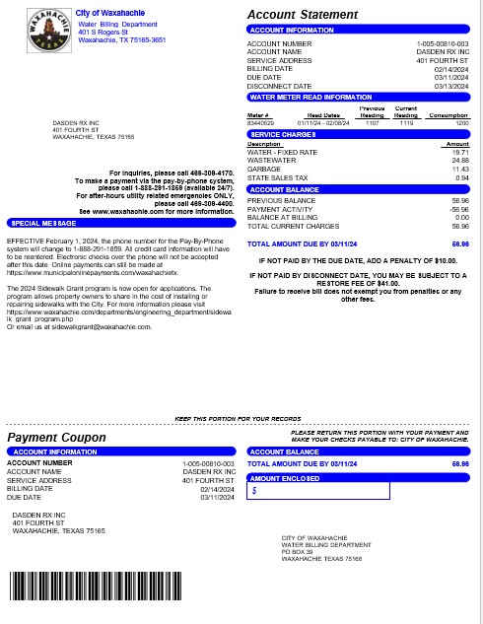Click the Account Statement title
point(302,15)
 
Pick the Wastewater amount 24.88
point(460,161)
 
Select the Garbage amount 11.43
point(460,169)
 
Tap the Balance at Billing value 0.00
point(461,217)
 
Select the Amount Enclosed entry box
point(318,490)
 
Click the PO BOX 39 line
point(297,551)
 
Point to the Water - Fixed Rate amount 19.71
point(460,152)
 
